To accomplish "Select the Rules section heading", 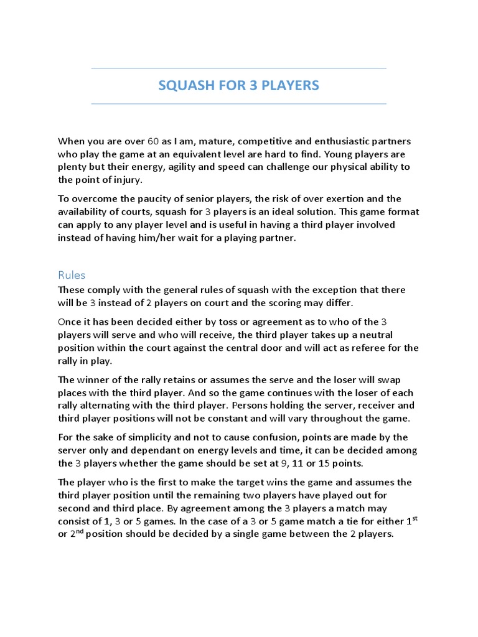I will pyautogui.click(x=72, y=274).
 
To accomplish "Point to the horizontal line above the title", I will pyautogui.click(x=238, y=68).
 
